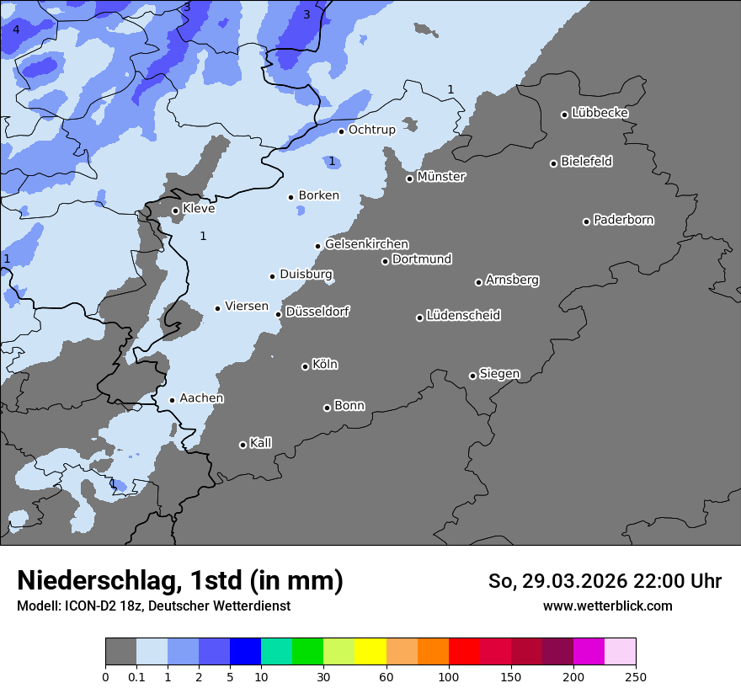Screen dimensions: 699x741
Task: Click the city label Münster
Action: pos(440,177)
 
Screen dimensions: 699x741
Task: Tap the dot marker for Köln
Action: pos(305,366)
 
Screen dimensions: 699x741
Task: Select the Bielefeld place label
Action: pos(586,162)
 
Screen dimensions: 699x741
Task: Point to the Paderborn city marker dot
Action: pos(586,221)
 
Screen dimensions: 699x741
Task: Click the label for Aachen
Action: pos(201,398)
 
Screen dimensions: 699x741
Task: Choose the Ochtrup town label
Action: pos(371,130)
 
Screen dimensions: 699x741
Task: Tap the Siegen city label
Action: pos(499,374)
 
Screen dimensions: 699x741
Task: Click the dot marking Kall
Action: pos(243,445)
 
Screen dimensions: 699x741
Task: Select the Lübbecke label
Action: pos(600,113)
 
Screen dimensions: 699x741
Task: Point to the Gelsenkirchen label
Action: pos(366,244)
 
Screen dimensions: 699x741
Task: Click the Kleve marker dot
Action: pos(175,211)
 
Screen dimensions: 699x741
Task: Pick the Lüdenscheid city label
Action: pos(463,316)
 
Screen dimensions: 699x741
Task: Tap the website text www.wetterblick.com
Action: pos(607,606)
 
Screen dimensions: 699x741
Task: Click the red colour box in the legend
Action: pos(464,652)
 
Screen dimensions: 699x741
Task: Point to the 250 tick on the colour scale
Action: pos(636,676)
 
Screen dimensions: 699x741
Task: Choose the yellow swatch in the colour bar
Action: pos(370,652)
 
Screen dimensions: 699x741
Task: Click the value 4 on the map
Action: pos(15,30)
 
